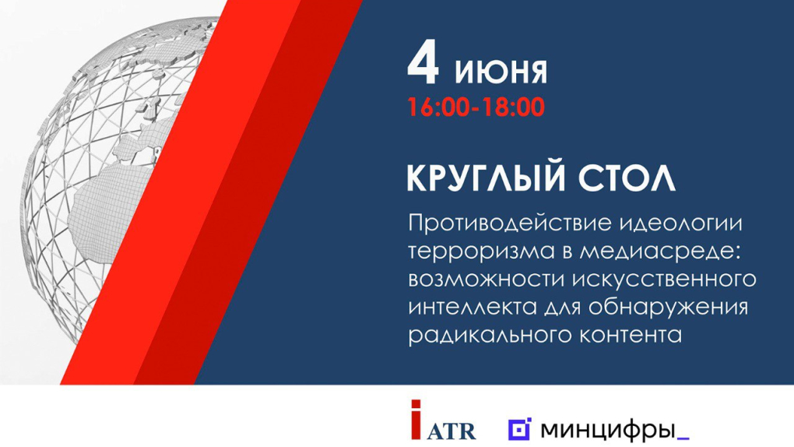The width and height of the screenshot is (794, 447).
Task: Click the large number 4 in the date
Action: (x=423, y=65)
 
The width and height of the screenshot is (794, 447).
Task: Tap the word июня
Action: (x=501, y=72)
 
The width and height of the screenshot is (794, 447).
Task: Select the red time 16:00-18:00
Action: (x=476, y=107)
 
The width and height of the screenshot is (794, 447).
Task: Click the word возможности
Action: (x=486, y=280)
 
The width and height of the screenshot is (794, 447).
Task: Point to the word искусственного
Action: (x=665, y=280)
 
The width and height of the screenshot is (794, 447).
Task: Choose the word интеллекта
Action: (x=473, y=308)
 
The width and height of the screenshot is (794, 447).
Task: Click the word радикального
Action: (x=491, y=336)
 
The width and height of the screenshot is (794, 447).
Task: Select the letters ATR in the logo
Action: (x=451, y=430)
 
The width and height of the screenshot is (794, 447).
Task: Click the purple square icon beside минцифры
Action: (x=519, y=430)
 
